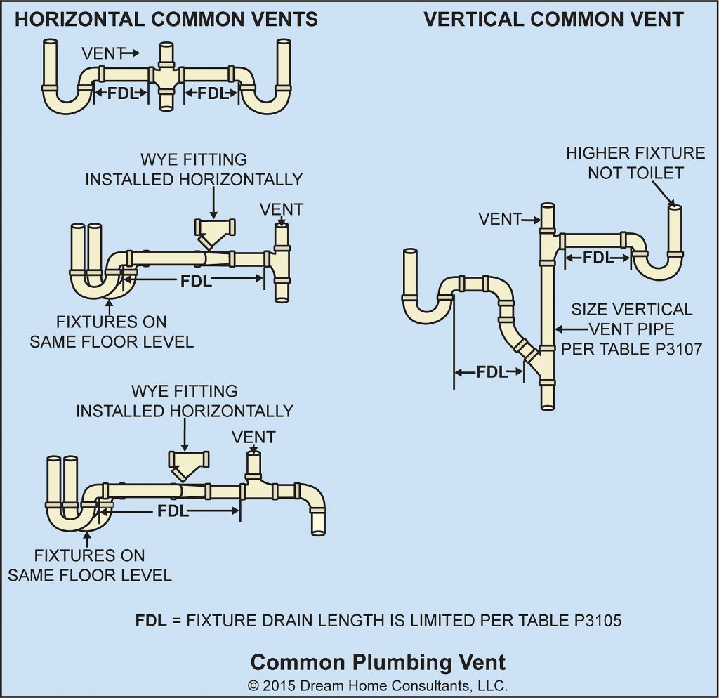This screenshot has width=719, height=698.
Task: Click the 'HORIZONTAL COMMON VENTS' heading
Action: click(x=166, y=19)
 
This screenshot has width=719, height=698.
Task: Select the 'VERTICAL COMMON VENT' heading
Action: click(x=553, y=19)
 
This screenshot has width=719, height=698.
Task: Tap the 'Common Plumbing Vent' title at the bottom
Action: click(x=378, y=661)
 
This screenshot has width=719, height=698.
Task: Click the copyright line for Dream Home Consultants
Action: click(x=378, y=685)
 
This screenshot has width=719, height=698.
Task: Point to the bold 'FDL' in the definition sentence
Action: click(x=151, y=621)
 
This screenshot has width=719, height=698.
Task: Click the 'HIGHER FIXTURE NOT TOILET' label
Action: click(x=635, y=162)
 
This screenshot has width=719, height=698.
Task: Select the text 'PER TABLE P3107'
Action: click(x=632, y=348)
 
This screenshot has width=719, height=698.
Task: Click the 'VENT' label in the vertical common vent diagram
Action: click(x=499, y=219)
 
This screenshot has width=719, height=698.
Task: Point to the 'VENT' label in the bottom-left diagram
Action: click(x=253, y=437)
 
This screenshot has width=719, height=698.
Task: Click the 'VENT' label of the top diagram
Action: click(x=104, y=53)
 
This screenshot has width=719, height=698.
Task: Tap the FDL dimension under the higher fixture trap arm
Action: click(x=598, y=258)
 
